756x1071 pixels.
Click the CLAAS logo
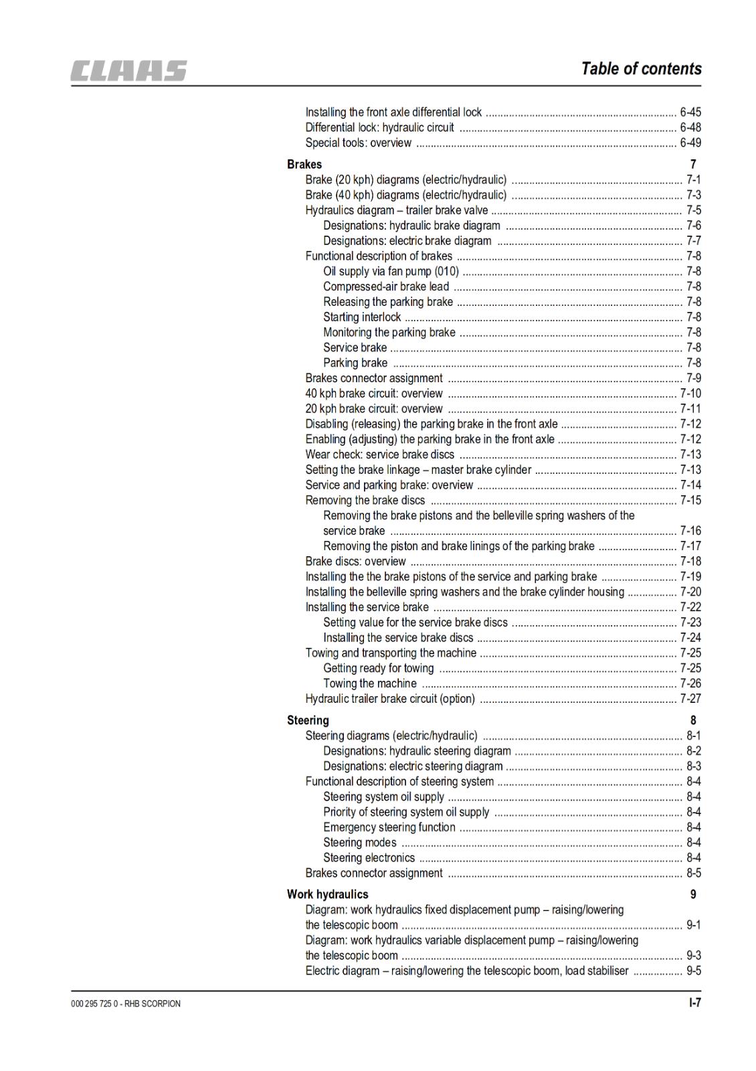pyautogui.click(x=129, y=70)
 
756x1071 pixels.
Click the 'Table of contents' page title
pyautogui.click(x=641, y=68)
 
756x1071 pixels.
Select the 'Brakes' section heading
pyautogui.click(x=304, y=164)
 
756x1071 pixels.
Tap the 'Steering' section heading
pyautogui.click(x=308, y=720)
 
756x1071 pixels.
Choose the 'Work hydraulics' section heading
pyautogui.click(x=327, y=894)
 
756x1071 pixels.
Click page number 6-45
pyautogui.click(x=690, y=112)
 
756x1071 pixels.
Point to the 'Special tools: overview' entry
pyautogui.click(x=358, y=143)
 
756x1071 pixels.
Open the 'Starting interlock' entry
pyautogui.click(x=362, y=317)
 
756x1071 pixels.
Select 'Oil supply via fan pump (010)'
pyautogui.click(x=391, y=271)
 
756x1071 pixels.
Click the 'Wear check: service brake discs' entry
pyautogui.click(x=379, y=455)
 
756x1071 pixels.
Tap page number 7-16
pyautogui.click(x=690, y=531)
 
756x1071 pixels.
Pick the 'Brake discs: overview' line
pyautogui.click(x=355, y=562)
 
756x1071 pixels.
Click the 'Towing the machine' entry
pyautogui.click(x=369, y=683)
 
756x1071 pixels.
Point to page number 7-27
pyautogui.click(x=690, y=699)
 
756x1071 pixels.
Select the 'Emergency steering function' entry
pyautogui.click(x=389, y=827)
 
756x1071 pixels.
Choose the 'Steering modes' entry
pyautogui.click(x=359, y=843)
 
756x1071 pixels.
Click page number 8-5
pyautogui.click(x=694, y=873)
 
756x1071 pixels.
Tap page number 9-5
pyautogui.click(x=694, y=971)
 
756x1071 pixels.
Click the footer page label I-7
pyautogui.click(x=695, y=1003)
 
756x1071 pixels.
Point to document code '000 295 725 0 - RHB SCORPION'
pyautogui.click(x=125, y=1003)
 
